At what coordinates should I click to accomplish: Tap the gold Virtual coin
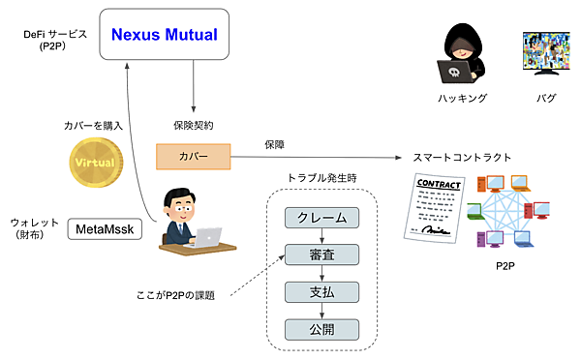point(95,164)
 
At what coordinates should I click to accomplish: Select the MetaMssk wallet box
point(104,229)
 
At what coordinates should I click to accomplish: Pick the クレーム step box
point(321,219)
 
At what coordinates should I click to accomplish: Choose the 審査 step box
point(321,255)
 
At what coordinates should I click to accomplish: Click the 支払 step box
point(321,291)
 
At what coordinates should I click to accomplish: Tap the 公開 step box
point(321,328)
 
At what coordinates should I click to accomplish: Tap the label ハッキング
point(456,99)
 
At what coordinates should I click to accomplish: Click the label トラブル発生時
point(321,179)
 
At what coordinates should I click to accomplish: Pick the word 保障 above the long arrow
point(274,144)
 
